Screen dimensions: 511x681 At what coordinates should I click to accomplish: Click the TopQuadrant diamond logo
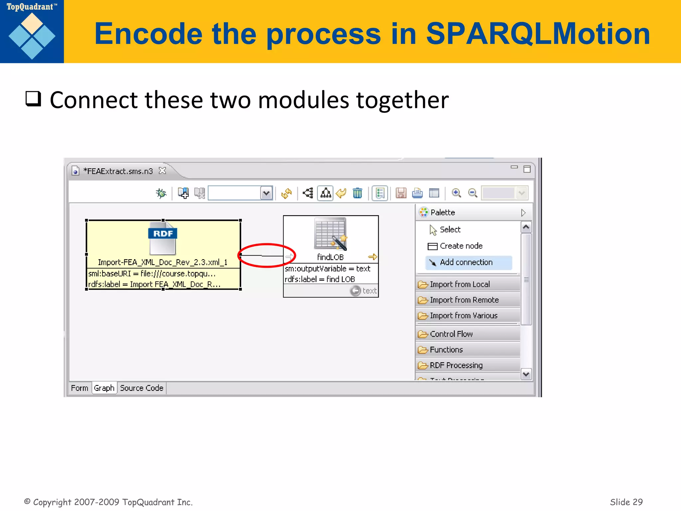point(32,36)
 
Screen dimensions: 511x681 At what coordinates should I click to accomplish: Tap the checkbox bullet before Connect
point(33,99)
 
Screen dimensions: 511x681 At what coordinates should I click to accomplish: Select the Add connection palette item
point(466,262)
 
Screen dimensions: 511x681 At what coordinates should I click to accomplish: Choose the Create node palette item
point(461,246)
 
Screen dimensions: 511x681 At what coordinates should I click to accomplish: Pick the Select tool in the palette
point(450,230)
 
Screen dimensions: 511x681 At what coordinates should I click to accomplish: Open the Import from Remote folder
point(464,300)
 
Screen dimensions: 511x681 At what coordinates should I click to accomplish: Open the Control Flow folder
point(451,334)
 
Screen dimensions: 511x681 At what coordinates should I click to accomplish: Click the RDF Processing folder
point(456,365)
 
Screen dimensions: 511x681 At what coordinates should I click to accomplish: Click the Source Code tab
point(141,388)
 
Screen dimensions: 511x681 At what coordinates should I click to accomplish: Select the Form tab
point(79,388)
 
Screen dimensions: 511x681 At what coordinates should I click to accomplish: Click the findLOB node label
point(330,257)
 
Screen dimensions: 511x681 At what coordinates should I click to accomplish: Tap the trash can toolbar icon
point(357,193)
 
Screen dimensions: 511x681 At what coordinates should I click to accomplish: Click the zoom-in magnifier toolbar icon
point(456,193)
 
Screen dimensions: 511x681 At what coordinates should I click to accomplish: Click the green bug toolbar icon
point(161,193)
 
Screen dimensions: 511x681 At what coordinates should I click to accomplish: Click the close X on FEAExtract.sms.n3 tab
point(162,171)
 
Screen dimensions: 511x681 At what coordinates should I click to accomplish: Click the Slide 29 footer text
point(626,502)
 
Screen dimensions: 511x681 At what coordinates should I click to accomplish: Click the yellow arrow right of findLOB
point(373,257)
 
